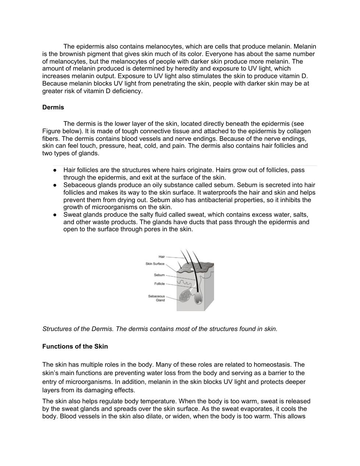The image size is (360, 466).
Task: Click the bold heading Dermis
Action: click(53, 107)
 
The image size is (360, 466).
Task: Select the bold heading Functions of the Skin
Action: click(75, 347)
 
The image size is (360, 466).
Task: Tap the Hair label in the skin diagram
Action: click(162, 257)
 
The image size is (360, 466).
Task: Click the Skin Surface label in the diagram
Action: click(155, 264)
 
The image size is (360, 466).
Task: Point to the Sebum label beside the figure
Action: click(159, 275)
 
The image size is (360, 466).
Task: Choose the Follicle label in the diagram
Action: click(160, 284)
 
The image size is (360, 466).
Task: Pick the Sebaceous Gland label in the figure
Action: click(157, 298)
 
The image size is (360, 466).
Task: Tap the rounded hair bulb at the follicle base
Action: click(199, 297)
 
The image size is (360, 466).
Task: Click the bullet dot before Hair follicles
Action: click(54, 170)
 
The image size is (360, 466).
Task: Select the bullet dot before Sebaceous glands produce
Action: click(54, 186)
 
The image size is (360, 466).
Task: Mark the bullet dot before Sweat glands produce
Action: click(54, 215)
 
